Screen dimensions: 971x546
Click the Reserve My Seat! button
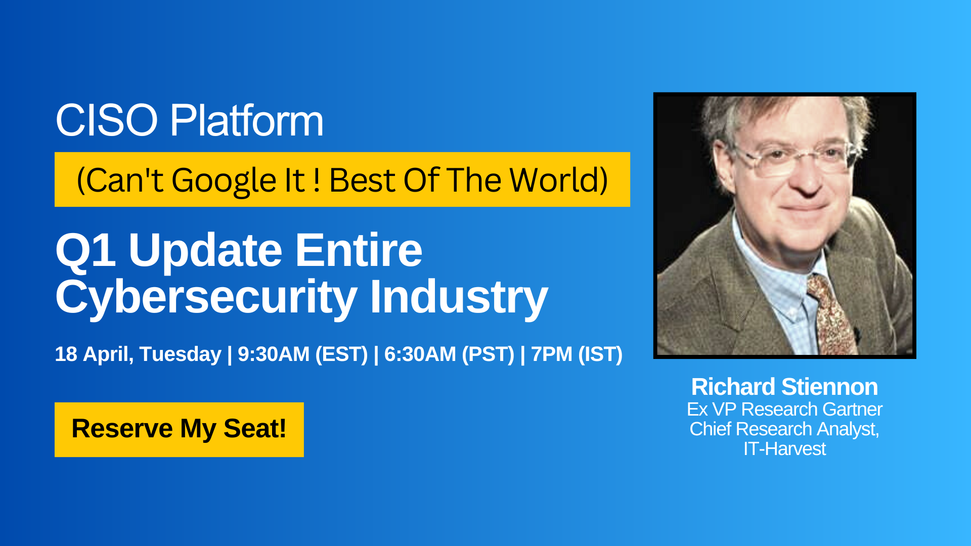179,430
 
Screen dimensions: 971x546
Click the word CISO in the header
107,120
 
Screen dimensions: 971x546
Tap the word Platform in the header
247,120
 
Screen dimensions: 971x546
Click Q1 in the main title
85,250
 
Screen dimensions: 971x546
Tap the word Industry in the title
459,298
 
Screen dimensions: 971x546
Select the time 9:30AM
274,354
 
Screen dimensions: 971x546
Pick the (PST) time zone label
488,354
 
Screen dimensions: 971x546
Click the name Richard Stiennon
784,387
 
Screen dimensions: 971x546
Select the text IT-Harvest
784,448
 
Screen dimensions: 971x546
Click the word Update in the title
205,251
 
